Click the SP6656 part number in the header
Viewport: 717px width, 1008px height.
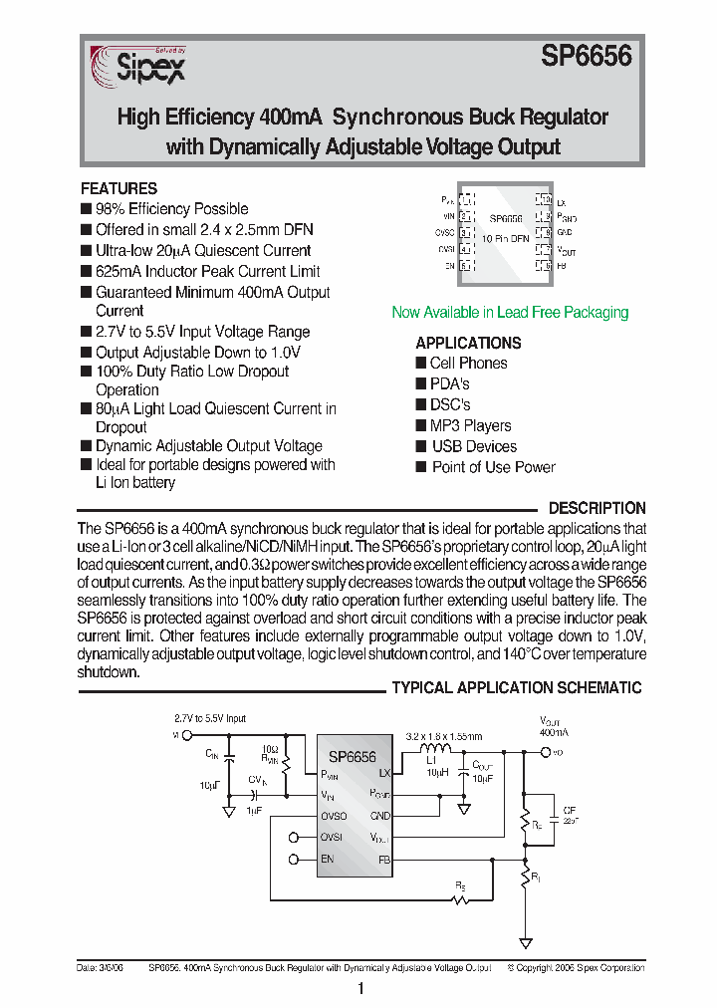pyautogui.click(x=587, y=58)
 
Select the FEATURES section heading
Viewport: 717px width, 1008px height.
pyautogui.click(x=119, y=188)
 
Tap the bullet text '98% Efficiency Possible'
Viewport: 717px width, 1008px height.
pyautogui.click(x=171, y=209)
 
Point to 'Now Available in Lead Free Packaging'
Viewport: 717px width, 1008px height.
pyautogui.click(x=510, y=313)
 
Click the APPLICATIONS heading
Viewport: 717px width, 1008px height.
pyautogui.click(x=468, y=343)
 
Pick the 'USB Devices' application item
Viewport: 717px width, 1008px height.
pyautogui.click(x=473, y=446)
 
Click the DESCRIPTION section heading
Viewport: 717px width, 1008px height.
pyautogui.click(x=597, y=508)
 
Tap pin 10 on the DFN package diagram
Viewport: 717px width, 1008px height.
pyautogui.click(x=544, y=200)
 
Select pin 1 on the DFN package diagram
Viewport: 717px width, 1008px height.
pyautogui.click(x=466, y=200)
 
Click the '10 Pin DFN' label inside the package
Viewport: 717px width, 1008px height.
pyautogui.click(x=506, y=239)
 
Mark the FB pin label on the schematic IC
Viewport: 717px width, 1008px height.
pyautogui.click(x=383, y=859)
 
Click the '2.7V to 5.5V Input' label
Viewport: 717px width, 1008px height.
pyautogui.click(x=210, y=718)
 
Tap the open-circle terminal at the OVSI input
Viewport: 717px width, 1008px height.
pyautogui.click(x=294, y=837)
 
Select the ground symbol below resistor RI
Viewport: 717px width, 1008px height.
pyautogui.click(x=525, y=941)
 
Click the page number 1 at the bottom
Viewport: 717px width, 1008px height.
pyautogui.click(x=359, y=988)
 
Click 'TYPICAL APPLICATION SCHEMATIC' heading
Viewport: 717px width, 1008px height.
pyautogui.click(x=516, y=688)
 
